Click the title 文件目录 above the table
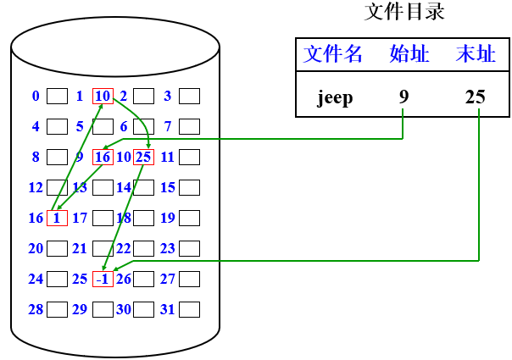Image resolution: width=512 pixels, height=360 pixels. click(404, 12)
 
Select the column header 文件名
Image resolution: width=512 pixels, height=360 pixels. click(333, 55)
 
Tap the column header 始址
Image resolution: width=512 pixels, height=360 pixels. click(409, 55)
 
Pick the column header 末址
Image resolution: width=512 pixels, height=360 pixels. click(475, 55)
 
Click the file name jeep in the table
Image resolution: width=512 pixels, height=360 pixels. click(335, 97)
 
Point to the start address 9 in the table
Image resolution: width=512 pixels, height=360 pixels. click(403, 97)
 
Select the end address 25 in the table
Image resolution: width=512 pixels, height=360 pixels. click(475, 97)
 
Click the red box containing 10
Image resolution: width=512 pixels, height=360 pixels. click(103, 96)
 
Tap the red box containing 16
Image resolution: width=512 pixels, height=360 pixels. click(103, 157)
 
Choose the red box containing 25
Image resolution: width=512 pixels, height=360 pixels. click(143, 157)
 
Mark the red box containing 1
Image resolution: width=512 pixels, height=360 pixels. click(57, 218)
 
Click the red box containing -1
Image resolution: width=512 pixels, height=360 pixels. click(103, 279)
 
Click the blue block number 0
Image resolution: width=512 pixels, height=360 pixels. click(36, 96)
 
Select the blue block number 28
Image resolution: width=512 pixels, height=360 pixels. click(36, 309)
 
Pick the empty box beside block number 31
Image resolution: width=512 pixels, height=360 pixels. click(189, 309)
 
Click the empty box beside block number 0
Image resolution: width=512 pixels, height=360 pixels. click(57, 96)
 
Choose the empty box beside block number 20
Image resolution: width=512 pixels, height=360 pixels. click(57, 248)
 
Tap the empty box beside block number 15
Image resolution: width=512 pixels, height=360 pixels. click(189, 187)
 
